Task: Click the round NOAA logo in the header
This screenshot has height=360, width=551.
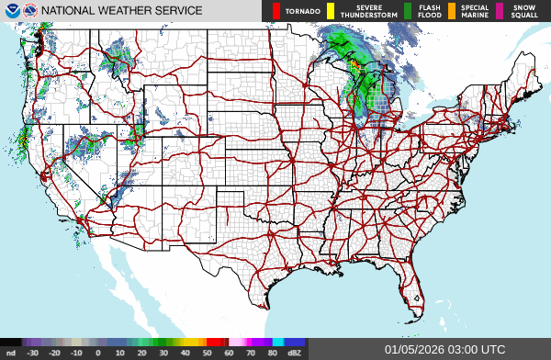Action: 11,10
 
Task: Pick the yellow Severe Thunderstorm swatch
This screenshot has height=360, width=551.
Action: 331,11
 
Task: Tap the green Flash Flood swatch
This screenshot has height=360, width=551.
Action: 408,11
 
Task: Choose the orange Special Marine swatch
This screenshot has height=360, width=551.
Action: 453,11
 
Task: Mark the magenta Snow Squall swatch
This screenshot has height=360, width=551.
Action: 500,11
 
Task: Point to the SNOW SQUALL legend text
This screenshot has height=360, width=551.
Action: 524,11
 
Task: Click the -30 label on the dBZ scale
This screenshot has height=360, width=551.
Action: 33,353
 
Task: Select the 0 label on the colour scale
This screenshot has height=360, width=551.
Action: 97,353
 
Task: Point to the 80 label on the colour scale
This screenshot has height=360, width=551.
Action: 272,353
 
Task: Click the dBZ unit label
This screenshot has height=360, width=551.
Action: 295,353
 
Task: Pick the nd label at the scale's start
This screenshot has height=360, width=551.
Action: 11,353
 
